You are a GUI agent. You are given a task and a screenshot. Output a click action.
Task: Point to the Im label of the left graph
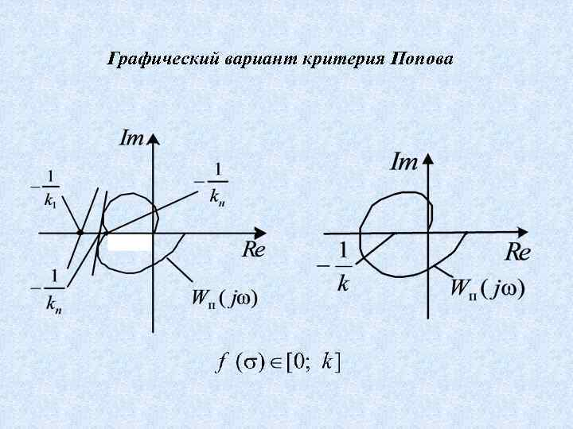[x=131, y=138]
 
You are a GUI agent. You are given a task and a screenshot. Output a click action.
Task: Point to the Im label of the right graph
[x=404, y=162]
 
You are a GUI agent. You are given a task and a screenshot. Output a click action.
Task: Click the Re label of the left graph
[x=253, y=249]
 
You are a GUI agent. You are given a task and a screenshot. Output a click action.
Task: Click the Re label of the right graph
[x=517, y=253]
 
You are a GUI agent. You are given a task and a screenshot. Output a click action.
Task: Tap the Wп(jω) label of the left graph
[x=224, y=299]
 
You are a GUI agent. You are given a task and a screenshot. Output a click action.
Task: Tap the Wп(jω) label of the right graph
[x=487, y=288]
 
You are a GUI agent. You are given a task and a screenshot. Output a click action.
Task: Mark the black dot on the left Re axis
[x=80, y=233]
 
